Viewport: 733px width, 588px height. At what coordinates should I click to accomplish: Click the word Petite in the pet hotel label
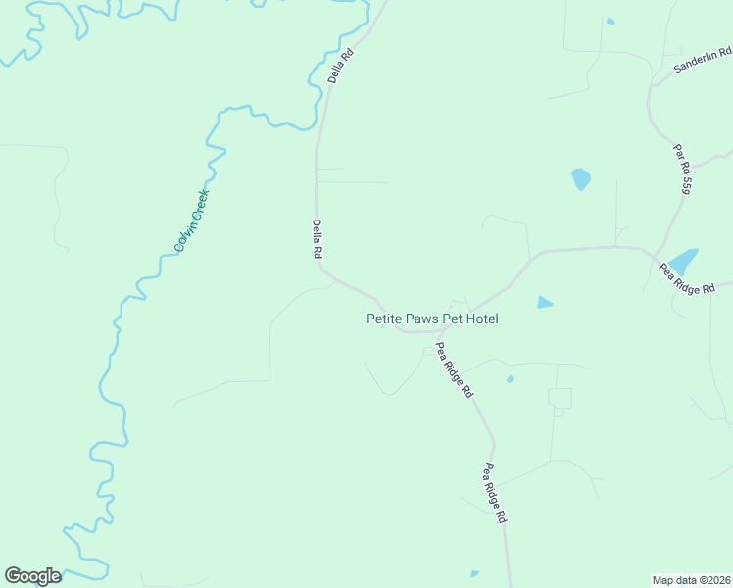tap(383, 318)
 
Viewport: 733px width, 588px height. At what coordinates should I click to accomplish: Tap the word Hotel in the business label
tap(483, 318)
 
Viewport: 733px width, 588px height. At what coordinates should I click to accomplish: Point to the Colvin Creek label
tap(192, 220)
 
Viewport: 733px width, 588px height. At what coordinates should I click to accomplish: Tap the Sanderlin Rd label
tap(703, 61)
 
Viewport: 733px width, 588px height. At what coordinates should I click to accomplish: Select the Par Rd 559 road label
tap(682, 169)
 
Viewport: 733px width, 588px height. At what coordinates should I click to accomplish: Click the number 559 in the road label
tap(686, 182)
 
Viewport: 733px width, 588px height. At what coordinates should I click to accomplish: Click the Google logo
tap(32, 576)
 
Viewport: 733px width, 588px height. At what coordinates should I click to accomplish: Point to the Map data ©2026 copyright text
tap(691, 579)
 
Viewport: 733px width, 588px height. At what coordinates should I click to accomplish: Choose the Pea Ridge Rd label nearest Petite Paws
tap(455, 368)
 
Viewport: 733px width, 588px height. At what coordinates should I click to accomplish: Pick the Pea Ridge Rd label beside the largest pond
tap(695, 278)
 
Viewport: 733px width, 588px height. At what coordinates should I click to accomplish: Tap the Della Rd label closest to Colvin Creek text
tap(318, 238)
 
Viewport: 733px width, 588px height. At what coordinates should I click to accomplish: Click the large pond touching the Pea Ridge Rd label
tap(684, 262)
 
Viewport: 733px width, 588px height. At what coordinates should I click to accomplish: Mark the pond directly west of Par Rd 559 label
tap(581, 179)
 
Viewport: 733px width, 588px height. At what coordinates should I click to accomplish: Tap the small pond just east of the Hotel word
tap(545, 303)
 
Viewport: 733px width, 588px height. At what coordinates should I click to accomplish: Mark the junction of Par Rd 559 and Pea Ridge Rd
tap(655, 254)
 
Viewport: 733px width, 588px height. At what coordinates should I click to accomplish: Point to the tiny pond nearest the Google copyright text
tap(475, 573)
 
